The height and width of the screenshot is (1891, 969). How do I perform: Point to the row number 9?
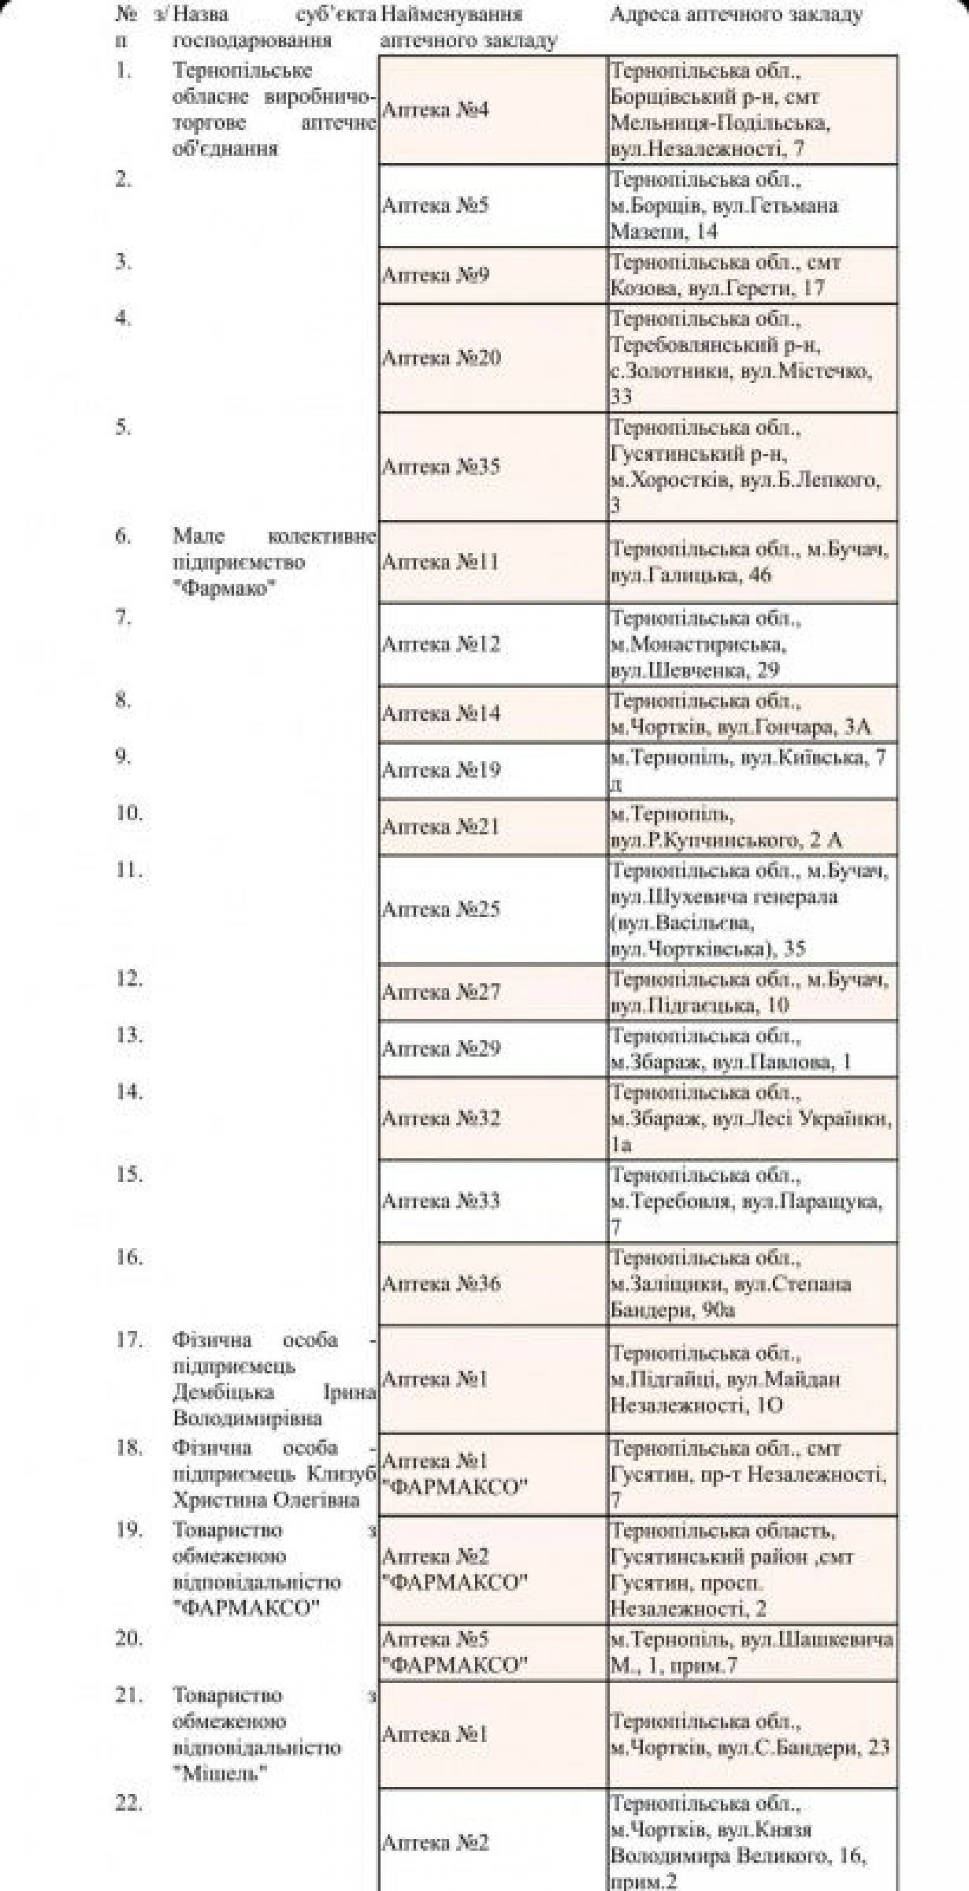123,756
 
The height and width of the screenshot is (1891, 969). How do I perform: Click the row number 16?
129,1257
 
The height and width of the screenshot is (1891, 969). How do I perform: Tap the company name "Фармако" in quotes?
220,589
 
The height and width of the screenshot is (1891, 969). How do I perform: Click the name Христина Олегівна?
266,1500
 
